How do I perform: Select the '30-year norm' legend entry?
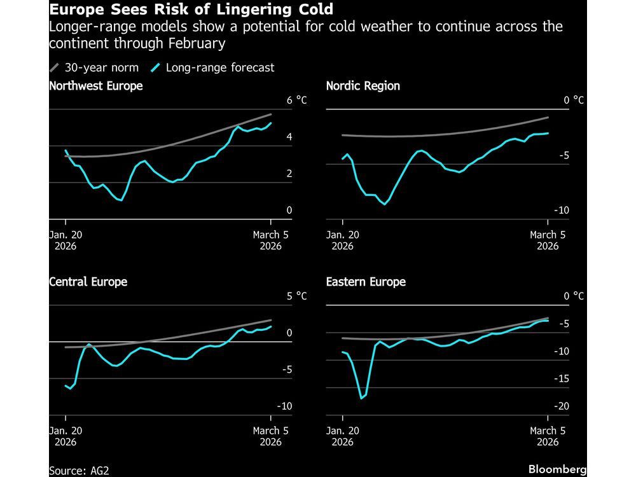[x=100, y=67]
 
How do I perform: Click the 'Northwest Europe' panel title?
[x=96, y=86]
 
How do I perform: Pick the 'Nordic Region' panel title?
[x=363, y=86]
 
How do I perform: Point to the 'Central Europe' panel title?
[x=88, y=282]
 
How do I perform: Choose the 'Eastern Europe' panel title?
[x=366, y=282]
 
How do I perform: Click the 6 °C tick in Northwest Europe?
[x=296, y=100]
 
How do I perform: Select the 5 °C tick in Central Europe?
[x=296, y=296]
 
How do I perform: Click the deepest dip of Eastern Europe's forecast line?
[x=361, y=398]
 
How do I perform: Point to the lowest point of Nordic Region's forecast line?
[x=384, y=204]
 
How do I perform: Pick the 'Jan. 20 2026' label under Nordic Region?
[x=343, y=240]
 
